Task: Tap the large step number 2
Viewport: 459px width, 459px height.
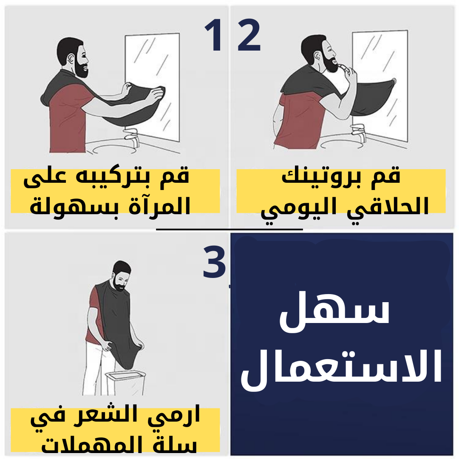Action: (x=249, y=35)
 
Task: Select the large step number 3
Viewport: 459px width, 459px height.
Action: (x=214, y=261)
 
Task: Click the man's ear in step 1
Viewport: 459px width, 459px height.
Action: (x=71, y=58)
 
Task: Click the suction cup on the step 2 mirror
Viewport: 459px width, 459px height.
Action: (x=394, y=81)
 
